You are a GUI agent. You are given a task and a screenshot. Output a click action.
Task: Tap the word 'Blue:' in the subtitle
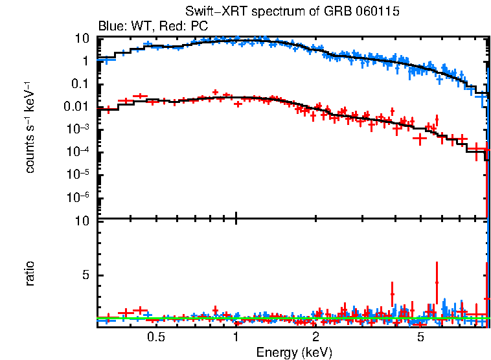click(110, 27)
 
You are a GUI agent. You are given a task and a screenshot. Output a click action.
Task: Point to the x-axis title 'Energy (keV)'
click(294, 353)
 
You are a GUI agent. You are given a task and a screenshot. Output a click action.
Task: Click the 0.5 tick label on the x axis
click(155, 337)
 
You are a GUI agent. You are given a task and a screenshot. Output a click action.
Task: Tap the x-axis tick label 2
click(315, 337)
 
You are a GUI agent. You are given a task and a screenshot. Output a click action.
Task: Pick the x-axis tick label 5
click(420, 337)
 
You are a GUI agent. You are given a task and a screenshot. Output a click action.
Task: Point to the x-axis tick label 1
click(236, 337)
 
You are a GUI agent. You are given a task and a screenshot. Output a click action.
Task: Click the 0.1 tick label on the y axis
click(80, 84)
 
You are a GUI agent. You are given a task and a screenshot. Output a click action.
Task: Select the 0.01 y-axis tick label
click(77, 107)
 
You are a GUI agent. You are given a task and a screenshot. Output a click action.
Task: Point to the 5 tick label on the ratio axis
click(84, 276)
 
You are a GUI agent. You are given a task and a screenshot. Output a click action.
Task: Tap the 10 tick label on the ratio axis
click(82, 221)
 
